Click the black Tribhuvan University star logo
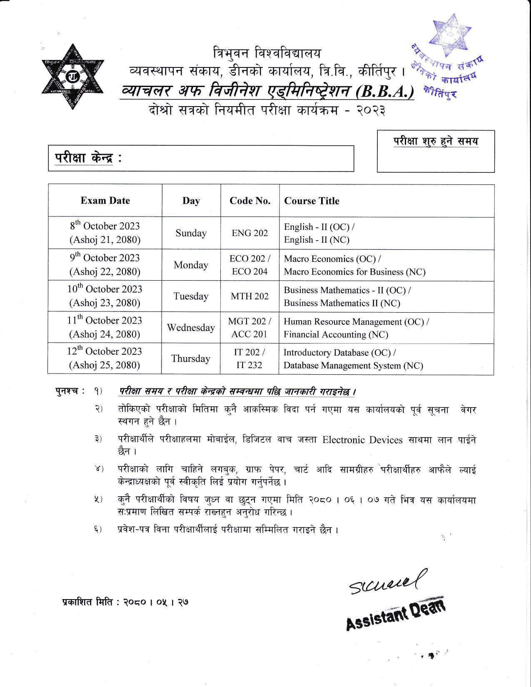[72, 77]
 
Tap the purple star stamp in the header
[451, 35]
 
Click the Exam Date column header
[105, 201]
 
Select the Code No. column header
[250, 201]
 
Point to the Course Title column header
[312, 201]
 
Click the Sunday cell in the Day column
[191, 233]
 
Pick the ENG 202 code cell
[250, 233]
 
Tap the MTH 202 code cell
[250, 296]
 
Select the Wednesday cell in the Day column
[191, 328]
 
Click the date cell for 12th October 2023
[105, 358]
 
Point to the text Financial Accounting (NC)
[336, 334]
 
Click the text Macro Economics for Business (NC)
[354, 272]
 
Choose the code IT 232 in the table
[249, 365]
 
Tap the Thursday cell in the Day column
[191, 358]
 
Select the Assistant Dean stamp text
[395, 614]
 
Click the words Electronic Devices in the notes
[362, 440]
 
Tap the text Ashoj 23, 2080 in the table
[105, 303]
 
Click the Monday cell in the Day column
[191, 265]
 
